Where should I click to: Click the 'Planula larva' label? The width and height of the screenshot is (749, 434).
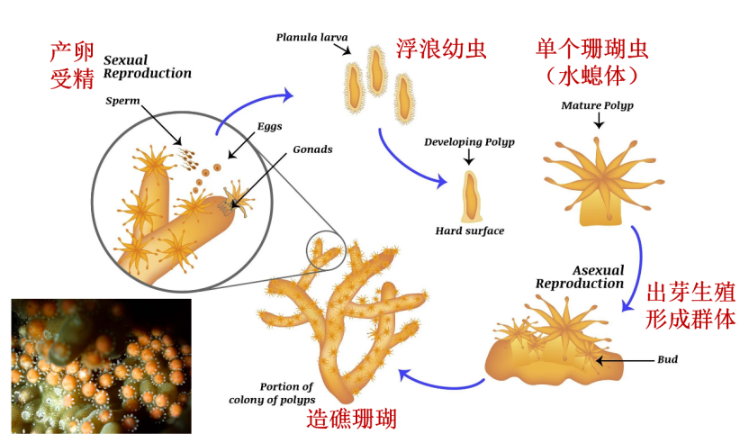tap(311, 37)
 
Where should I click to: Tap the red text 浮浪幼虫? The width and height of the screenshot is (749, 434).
tap(441, 49)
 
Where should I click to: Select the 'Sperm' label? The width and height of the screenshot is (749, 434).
tap(122, 101)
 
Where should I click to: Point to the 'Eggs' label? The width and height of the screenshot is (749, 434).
tap(270, 127)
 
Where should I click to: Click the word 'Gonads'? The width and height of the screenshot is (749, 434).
tap(312, 149)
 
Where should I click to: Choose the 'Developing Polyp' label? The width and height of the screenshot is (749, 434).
tap(470, 142)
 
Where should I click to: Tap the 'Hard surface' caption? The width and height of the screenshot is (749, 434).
tap(470, 231)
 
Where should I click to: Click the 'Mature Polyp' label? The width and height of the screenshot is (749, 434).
tap(597, 105)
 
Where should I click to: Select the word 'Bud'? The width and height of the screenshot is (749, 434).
tap(667, 359)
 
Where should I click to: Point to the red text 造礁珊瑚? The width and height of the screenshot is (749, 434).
tap(352, 420)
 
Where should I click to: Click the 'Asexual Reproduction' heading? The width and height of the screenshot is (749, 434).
tap(580, 277)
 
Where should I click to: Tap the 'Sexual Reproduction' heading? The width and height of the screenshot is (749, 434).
tap(147, 67)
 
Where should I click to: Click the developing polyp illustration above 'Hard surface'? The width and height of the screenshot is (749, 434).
tap(471, 196)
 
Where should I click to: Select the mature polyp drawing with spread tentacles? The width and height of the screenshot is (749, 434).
tap(603, 182)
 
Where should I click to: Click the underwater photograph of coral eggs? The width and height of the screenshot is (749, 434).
tap(101, 366)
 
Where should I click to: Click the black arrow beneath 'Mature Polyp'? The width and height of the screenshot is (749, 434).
tap(599, 122)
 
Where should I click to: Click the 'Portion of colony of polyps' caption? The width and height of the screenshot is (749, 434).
tap(272, 393)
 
